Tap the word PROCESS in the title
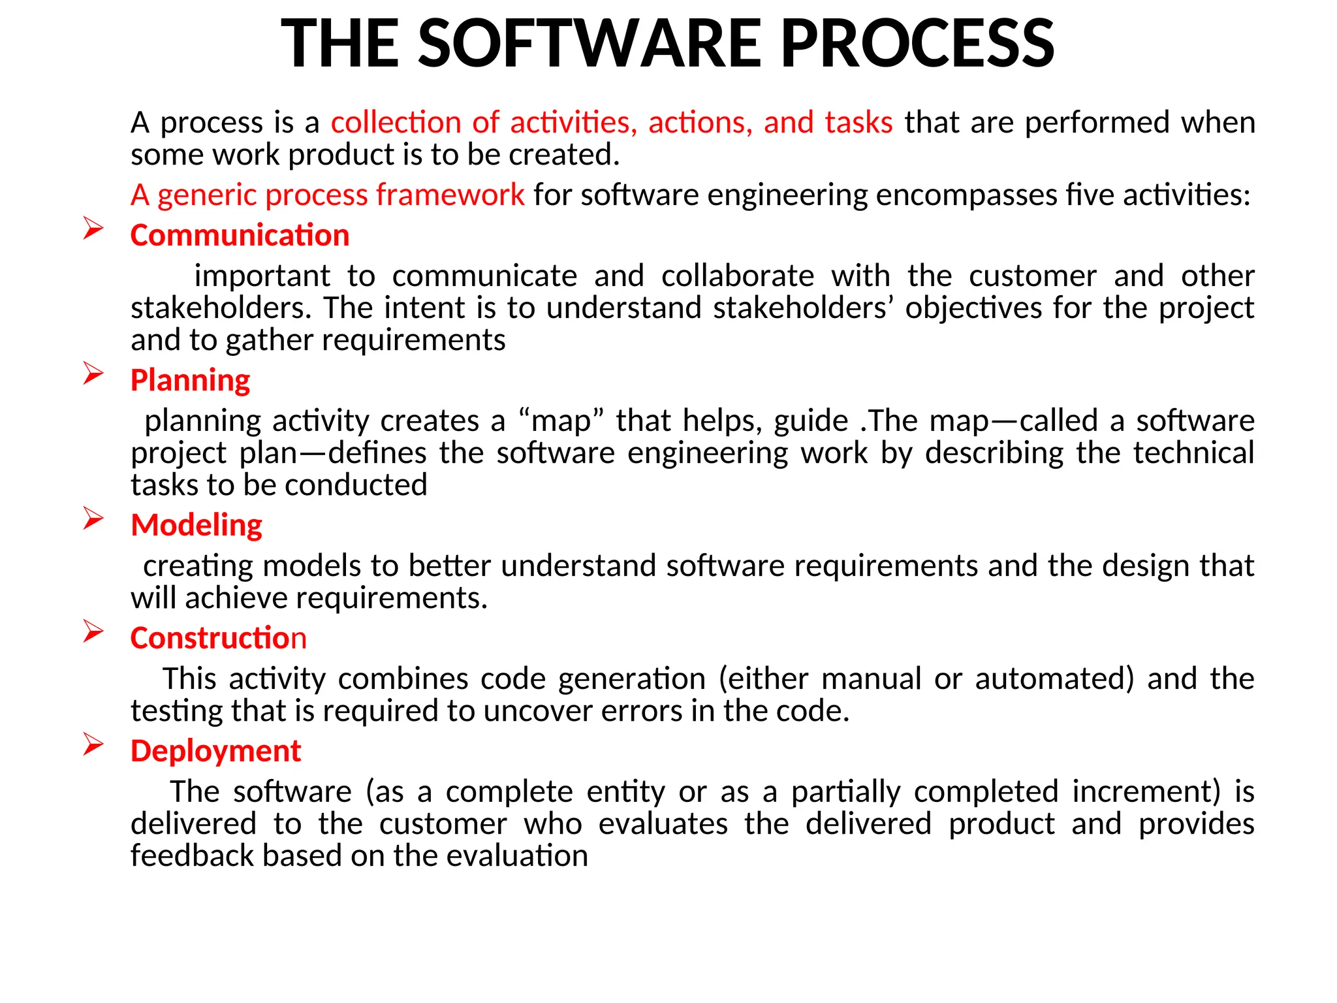tap(917, 43)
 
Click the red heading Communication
tap(240, 235)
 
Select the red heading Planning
tap(190, 380)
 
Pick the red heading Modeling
tap(196, 525)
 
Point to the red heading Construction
tap(218, 638)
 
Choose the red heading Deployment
tap(215, 751)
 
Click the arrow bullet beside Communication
tap(93, 229)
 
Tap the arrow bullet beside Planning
tap(93, 374)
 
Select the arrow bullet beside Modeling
tap(93, 518)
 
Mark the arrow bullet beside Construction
tap(93, 631)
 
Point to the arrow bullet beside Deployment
tap(93, 744)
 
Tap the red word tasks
tap(858, 123)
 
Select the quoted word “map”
tap(561, 421)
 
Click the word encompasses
tap(966, 195)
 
